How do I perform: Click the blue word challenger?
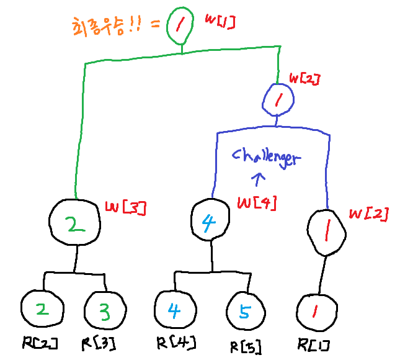(265, 157)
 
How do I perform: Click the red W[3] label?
(125, 209)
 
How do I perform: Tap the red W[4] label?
(257, 203)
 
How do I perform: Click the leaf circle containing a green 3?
(103, 311)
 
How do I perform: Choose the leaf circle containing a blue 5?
(245, 313)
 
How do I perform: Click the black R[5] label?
(244, 347)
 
